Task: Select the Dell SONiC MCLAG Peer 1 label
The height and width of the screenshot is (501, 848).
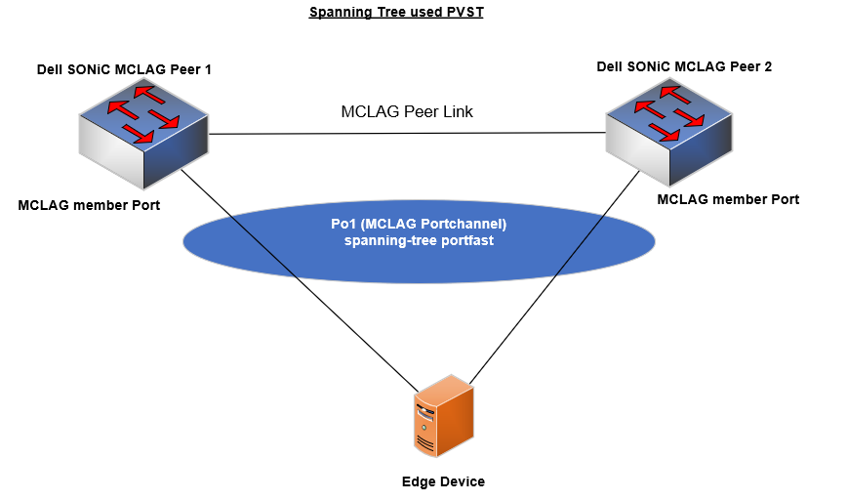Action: point(124,69)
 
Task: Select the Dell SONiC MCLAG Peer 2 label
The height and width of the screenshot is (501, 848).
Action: point(684,66)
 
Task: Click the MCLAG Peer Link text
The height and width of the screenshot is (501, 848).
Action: point(407,111)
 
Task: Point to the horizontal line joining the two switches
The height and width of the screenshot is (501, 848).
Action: point(407,133)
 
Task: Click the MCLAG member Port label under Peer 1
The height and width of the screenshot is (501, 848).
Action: point(89,205)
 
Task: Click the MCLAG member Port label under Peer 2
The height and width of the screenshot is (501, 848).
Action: point(728,199)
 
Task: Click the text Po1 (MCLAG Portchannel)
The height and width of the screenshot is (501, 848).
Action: point(419,224)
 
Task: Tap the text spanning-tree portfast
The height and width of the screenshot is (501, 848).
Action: point(419,240)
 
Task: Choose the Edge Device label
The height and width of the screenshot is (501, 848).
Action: point(443,481)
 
